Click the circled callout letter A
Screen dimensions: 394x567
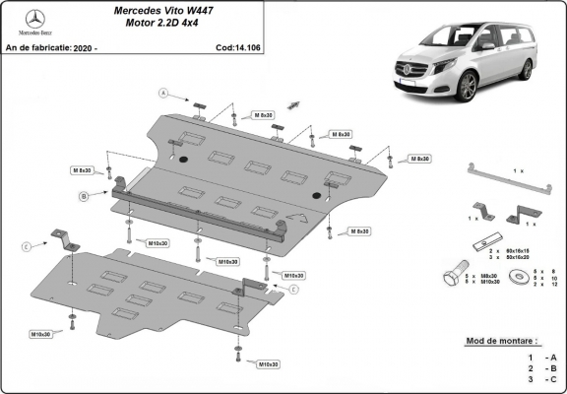coord(165,95)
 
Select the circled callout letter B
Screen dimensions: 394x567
coord(85,198)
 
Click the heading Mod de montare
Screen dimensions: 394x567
coord(506,341)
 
